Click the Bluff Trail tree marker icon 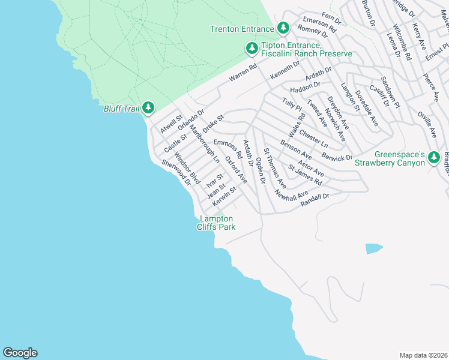click(x=147, y=108)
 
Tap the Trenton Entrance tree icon click(x=283, y=28)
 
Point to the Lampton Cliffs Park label click(x=217, y=223)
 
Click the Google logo click(x=20, y=353)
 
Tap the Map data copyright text click(x=423, y=355)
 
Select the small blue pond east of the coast click(x=373, y=248)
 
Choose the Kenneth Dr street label click(x=285, y=70)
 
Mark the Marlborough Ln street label click(x=204, y=145)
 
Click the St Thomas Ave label click(x=274, y=169)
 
